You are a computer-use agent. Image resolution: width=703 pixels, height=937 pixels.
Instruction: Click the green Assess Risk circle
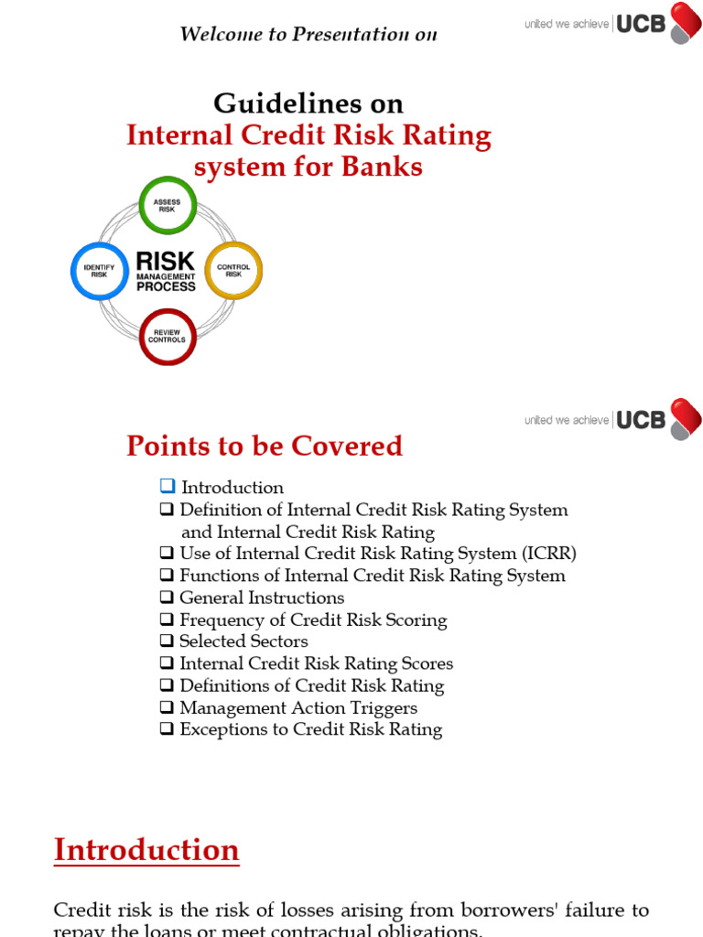pos(168,205)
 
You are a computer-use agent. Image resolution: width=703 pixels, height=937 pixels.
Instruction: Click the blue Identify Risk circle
pos(100,271)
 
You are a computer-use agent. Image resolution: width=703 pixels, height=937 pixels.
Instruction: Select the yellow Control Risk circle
pos(233,271)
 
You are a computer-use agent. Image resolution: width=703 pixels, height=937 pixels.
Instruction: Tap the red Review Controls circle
pos(168,336)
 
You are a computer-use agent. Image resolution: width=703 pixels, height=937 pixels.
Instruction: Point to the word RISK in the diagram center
pos(166,261)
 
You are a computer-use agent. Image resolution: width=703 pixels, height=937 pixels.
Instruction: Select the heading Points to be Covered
pos(264,446)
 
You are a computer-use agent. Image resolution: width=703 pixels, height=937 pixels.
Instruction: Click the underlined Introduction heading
pos(146,850)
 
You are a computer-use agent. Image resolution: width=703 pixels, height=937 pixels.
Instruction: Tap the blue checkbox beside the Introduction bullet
pos(167,486)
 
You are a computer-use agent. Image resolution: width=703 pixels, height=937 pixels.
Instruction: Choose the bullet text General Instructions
pos(262,598)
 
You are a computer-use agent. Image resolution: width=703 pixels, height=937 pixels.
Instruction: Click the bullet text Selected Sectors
pos(243,641)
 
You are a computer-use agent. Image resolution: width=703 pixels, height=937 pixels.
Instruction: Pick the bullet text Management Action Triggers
pos(298,707)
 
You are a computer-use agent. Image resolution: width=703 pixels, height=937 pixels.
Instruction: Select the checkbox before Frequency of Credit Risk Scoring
pos(167,619)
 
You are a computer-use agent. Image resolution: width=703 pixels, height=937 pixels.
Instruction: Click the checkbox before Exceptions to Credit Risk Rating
pos(167,729)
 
